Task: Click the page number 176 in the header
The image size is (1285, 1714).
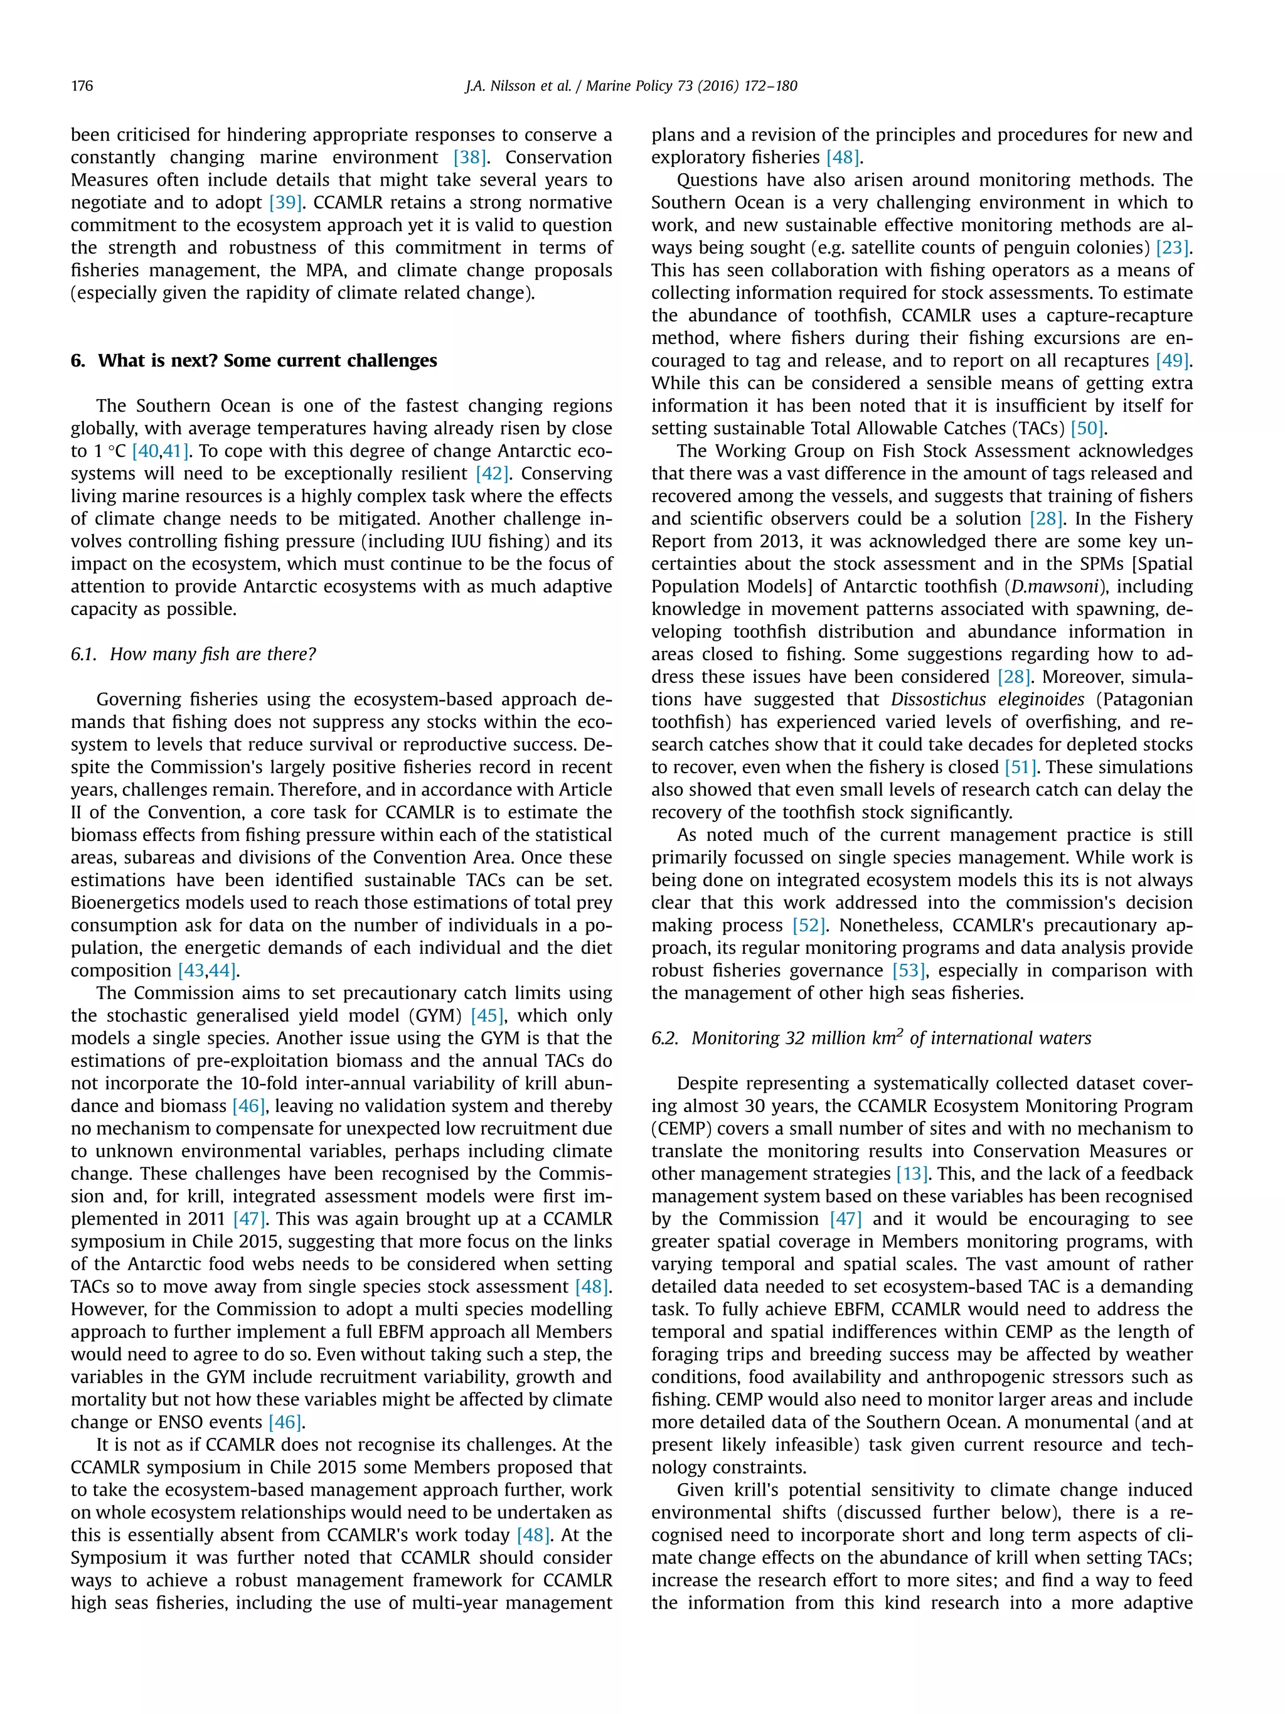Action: point(82,86)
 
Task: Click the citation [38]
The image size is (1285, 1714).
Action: point(469,158)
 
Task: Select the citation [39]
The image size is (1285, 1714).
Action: point(287,202)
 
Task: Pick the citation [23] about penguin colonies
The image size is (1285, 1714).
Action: point(1173,248)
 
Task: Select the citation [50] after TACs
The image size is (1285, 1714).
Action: point(1087,429)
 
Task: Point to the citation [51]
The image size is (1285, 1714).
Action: point(1020,767)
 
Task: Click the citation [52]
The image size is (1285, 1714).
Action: point(809,925)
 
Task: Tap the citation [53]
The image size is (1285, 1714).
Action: point(908,970)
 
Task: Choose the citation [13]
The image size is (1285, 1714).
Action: point(912,1173)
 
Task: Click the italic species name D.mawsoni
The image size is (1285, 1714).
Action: point(1054,587)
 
